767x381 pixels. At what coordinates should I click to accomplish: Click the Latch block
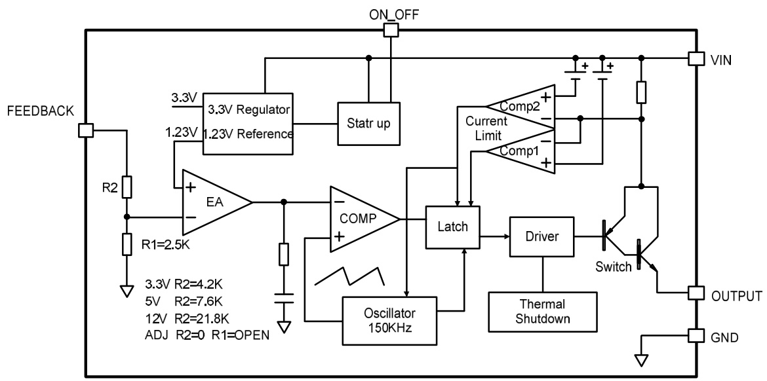coord(452,227)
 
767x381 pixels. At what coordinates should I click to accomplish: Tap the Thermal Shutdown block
coord(543,312)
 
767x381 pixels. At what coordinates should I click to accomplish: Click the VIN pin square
coord(696,58)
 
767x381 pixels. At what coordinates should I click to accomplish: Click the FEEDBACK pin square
coord(85,130)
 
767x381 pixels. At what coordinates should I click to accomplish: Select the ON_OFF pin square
coord(391,30)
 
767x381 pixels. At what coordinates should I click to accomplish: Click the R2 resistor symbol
coord(127,186)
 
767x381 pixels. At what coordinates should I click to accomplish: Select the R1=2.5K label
coord(167,246)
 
